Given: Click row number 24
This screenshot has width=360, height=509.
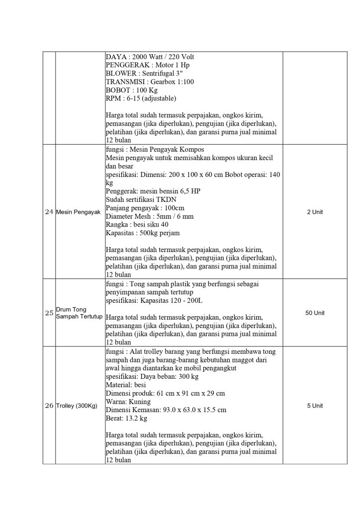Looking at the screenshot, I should pyautogui.click(x=49, y=212).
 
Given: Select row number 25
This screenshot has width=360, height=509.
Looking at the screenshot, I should pyautogui.click(x=49, y=313).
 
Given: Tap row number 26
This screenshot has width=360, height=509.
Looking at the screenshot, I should pyautogui.click(x=49, y=406).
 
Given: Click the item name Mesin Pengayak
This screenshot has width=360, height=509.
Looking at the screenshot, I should pyautogui.click(x=79, y=212).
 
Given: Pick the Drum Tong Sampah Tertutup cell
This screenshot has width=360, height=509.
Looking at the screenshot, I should pyautogui.click(x=79, y=313).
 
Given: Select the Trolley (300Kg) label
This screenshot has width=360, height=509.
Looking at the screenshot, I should pyautogui.click(x=77, y=406).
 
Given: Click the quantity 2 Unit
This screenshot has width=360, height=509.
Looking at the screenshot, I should pyautogui.click(x=315, y=212).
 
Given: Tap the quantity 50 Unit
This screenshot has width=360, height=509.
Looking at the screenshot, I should pyautogui.click(x=315, y=313).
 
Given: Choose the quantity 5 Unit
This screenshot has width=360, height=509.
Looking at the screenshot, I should pyautogui.click(x=315, y=406).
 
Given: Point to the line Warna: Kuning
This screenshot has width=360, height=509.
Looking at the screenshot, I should pyautogui.click(x=128, y=402).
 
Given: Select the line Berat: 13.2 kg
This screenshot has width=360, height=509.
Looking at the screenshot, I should pyautogui.click(x=127, y=419).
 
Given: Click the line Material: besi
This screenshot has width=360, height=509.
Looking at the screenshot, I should pyautogui.click(x=125, y=385).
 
